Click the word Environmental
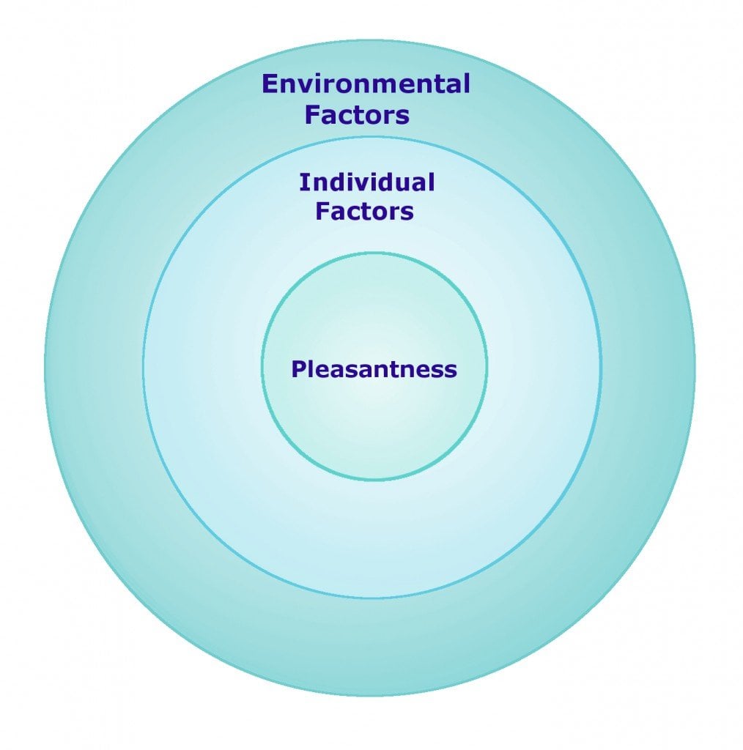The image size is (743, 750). coord(366,84)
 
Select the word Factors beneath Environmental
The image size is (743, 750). coord(357,115)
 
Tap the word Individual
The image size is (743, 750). coord(366,182)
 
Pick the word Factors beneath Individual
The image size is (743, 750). coord(364,212)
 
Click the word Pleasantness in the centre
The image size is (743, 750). coord(374,368)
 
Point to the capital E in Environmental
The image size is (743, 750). coord(270,84)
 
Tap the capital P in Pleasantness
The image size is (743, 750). coord(297,368)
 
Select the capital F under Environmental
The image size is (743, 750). coord(312,115)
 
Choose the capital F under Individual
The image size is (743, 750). coord(322,212)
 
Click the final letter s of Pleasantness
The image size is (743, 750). coord(451,370)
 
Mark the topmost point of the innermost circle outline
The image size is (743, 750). coord(374,253)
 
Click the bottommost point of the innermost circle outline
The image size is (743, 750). coord(374,480)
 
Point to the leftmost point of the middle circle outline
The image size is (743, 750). coord(144,367)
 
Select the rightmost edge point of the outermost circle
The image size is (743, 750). coord(695,370)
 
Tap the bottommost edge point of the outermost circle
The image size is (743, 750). coord(370,696)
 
